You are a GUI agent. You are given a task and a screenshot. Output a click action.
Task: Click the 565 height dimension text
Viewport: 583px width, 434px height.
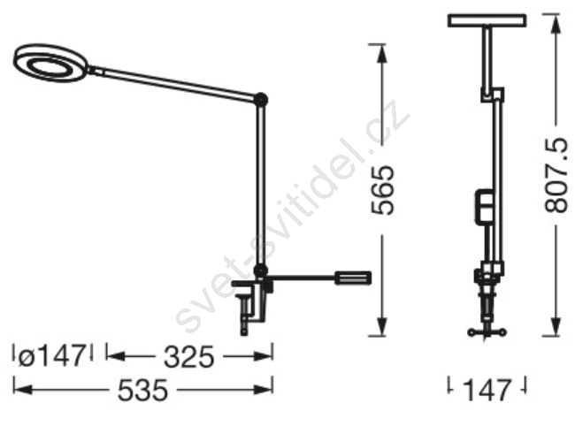coord(382,190)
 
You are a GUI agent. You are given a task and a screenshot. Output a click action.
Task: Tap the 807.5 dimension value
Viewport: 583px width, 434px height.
coord(556,175)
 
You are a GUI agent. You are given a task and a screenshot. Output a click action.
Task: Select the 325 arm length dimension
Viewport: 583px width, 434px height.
coord(189,357)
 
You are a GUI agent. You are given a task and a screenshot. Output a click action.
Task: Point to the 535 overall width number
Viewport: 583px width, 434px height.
coord(142,390)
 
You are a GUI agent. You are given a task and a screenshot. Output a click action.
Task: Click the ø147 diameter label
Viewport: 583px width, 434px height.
coord(51,356)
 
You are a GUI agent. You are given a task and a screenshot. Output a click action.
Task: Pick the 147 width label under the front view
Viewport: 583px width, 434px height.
coord(487,390)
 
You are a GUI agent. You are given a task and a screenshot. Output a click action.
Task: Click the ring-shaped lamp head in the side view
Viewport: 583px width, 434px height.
coord(51,63)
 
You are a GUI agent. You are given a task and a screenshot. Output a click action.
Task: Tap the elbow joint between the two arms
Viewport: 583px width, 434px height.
coord(261,100)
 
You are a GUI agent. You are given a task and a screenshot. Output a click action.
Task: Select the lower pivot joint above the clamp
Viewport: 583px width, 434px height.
coord(261,270)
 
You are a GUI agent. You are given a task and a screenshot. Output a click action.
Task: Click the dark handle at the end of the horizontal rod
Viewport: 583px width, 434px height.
coord(353,278)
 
